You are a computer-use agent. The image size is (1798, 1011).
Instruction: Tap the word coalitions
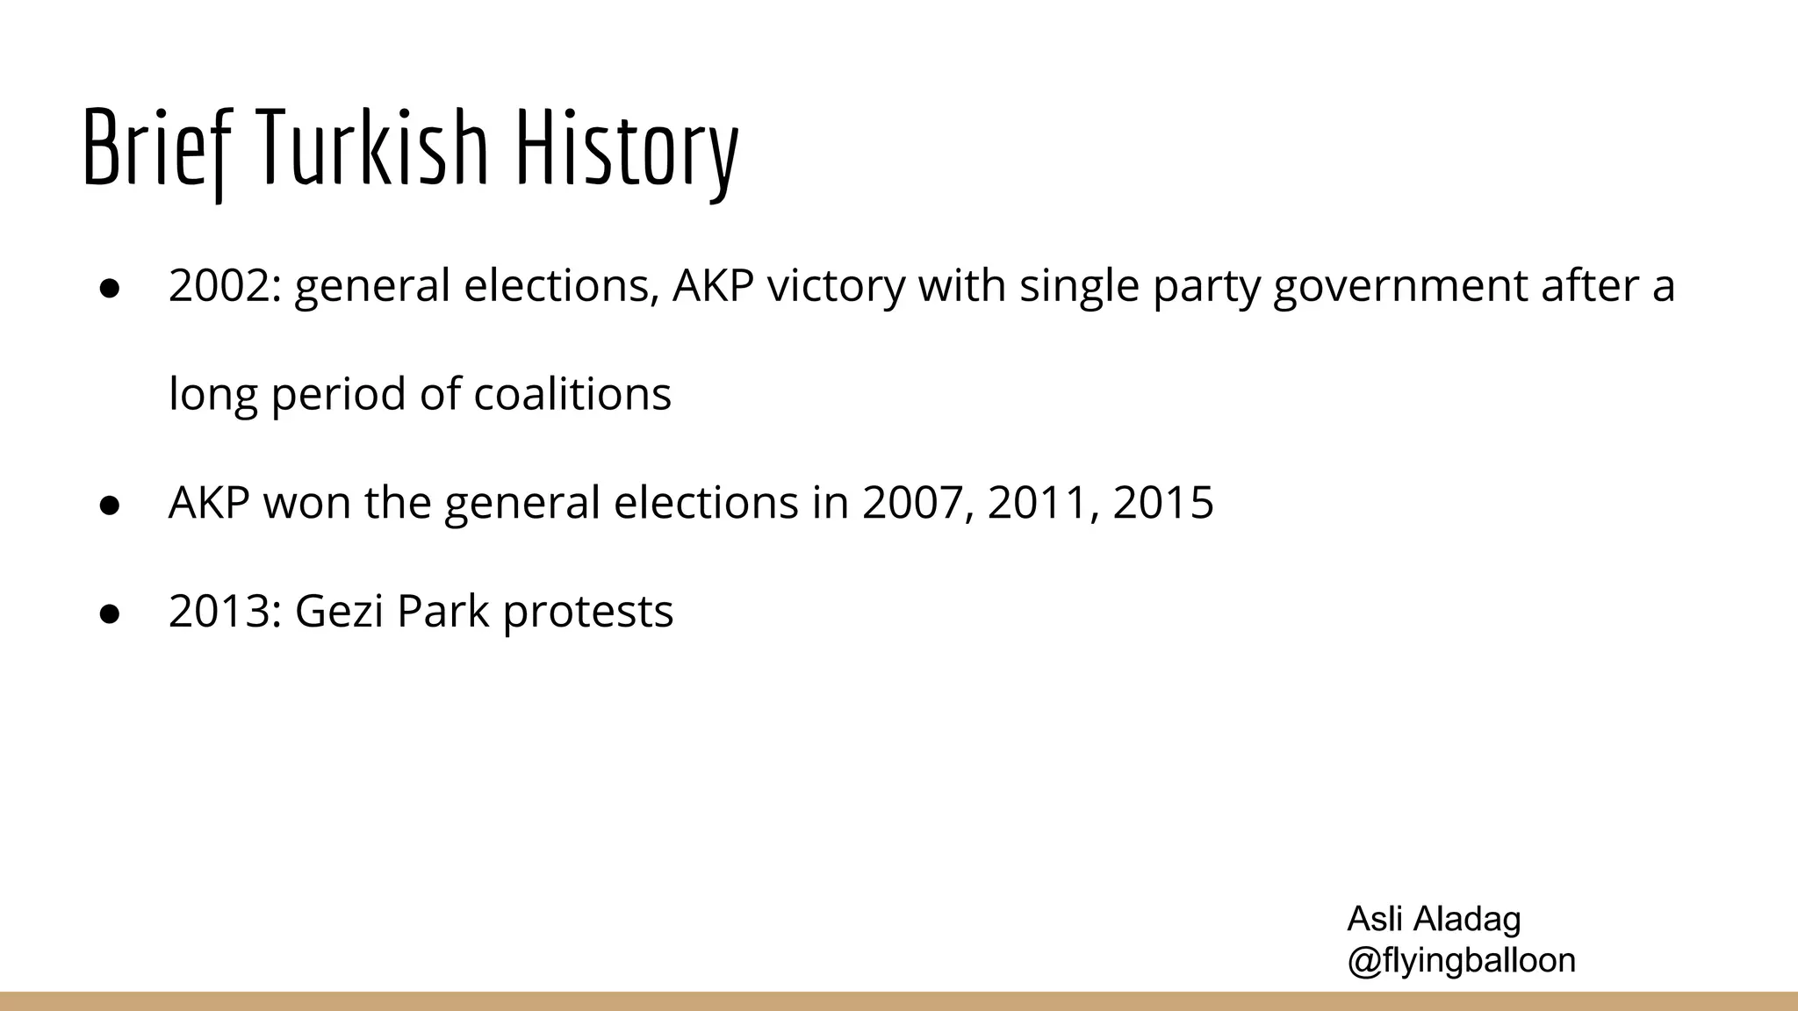572,394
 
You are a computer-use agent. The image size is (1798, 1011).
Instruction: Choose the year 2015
1163,503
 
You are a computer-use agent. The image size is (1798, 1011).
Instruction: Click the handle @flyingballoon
1461,961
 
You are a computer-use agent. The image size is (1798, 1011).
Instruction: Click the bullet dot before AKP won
110,505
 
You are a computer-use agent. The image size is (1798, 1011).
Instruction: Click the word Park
442,612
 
